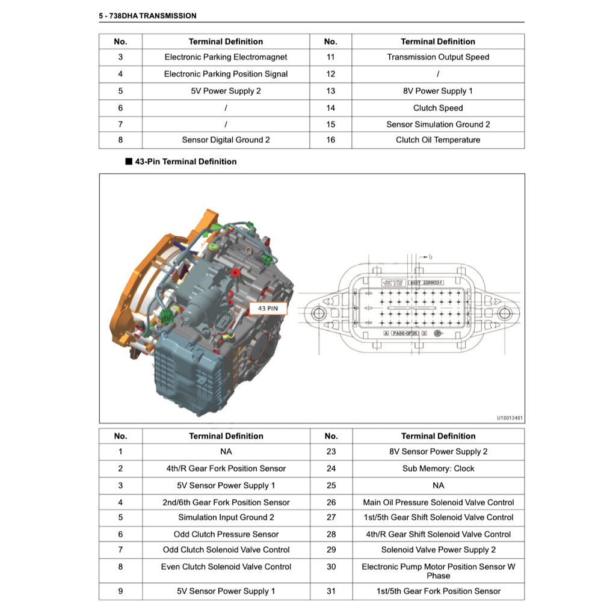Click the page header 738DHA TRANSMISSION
(147, 16)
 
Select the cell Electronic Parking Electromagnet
(226, 57)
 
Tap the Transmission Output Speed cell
(438, 57)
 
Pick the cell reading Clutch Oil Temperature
(438, 140)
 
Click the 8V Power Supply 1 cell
(438, 91)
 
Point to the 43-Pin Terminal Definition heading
(185, 161)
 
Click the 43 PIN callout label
(268, 309)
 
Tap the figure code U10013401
(510, 417)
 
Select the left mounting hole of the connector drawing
(319, 313)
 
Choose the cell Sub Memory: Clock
(438, 468)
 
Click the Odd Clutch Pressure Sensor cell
(226, 534)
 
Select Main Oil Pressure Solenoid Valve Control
(438, 502)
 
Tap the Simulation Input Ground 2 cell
(226, 517)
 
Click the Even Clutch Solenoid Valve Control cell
(226, 567)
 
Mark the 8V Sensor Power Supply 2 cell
(438, 451)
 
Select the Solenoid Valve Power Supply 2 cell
(438, 550)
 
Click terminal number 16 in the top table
(330, 140)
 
